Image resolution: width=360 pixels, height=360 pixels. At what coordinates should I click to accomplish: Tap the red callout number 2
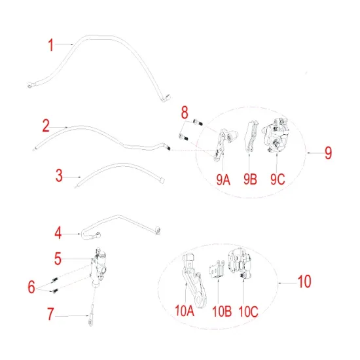[46, 124]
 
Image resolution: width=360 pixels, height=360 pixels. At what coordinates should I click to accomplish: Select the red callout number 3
[60, 175]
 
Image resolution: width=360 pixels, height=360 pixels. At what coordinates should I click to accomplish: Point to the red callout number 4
[58, 232]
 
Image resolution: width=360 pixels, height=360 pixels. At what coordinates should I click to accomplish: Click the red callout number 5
[58, 259]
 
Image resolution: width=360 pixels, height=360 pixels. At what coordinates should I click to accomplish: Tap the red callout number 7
[50, 314]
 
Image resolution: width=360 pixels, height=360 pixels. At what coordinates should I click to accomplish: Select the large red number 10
[304, 283]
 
